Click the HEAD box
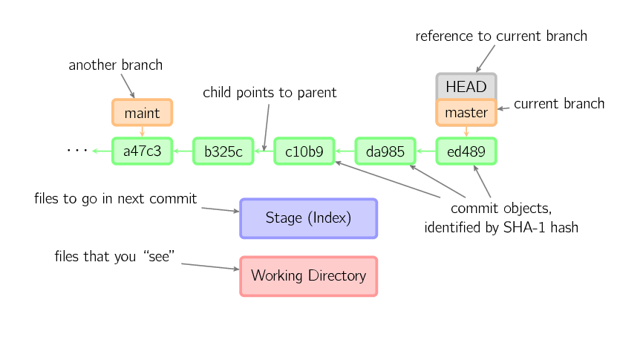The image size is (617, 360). pos(466,86)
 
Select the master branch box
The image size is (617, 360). pos(466,113)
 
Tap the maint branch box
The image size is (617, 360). pos(142,113)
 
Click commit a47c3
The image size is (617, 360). pos(142,151)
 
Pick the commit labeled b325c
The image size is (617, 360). pos(223,151)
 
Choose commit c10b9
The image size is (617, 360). pos(304,151)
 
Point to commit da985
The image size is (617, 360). pos(385,151)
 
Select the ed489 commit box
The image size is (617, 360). pos(466,151)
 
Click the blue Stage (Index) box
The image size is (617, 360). pos(309,218)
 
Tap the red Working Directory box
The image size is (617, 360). pos(309,276)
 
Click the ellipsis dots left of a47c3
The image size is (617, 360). pos(77,150)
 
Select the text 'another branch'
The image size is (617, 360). pos(115,65)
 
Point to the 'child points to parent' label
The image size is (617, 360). pos(270,93)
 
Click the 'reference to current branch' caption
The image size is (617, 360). pos(501,36)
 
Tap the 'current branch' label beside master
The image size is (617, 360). pos(559,104)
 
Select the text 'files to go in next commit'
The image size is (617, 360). pos(115,199)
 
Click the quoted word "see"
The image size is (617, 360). pos(159,257)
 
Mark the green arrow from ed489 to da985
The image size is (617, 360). pos(426,151)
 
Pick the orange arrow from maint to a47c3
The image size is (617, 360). pos(142,131)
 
